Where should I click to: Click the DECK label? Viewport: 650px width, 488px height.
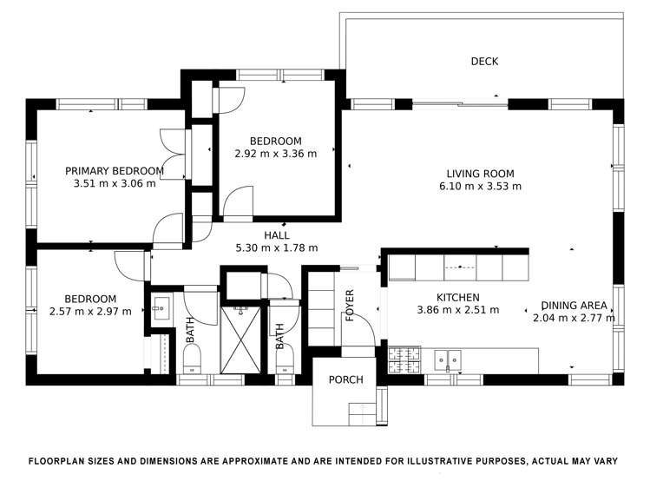484,62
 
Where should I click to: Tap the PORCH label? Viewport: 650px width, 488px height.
345,379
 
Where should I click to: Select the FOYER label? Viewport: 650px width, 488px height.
350,306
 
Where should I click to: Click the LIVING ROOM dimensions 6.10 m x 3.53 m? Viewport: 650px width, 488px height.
480,186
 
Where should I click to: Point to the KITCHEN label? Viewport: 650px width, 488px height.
457,297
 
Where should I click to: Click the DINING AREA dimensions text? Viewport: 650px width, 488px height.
574,318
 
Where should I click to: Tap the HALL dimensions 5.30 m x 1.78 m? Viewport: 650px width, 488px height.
277,248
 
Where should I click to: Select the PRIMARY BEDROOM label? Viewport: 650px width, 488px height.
115,171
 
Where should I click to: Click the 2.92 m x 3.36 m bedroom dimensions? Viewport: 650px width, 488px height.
276,154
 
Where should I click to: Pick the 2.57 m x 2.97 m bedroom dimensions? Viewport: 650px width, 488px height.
90,312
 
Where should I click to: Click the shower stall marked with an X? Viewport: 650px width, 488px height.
241,340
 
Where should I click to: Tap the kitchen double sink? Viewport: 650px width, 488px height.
447,359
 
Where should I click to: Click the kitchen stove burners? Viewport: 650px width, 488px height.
404,359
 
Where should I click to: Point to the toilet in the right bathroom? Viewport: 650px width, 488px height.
285,359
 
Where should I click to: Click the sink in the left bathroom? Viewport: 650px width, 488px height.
161,308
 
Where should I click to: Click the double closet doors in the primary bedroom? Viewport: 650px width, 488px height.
173,155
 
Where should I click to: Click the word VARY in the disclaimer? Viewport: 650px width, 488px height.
608,461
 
